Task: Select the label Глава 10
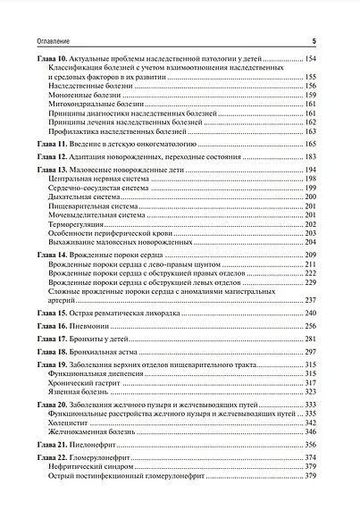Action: tap(49, 58)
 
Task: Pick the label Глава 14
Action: tap(49, 256)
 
